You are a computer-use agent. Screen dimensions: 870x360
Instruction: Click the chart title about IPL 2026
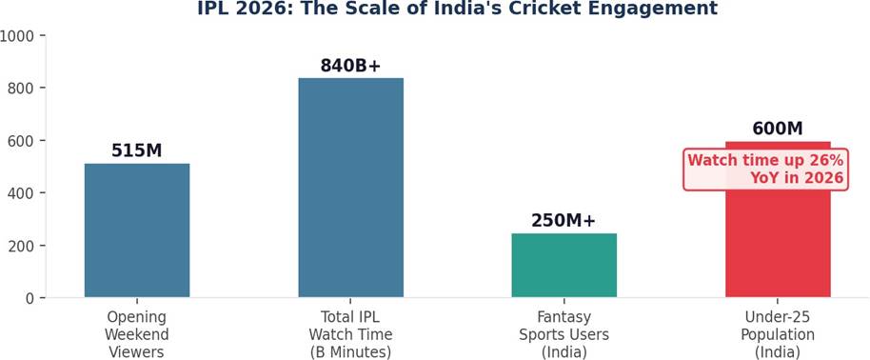point(457,9)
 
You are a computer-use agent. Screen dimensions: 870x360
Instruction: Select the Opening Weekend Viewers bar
point(137,230)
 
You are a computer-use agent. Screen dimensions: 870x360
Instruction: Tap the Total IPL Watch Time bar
point(350,188)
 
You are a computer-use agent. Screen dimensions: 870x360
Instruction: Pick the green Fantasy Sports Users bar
point(564,266)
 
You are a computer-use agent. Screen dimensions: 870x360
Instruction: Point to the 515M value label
point(136,150)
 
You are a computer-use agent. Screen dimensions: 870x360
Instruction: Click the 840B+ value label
point(350,66)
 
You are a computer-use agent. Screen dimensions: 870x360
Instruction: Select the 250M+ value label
point(564,221)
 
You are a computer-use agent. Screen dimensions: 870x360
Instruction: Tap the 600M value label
point(778,129)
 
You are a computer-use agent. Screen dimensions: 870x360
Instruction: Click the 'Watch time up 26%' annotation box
point(765,170)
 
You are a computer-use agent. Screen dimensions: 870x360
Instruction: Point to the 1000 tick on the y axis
point(16,35)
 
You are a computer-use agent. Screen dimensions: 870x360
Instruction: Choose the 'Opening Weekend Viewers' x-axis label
point(136,334)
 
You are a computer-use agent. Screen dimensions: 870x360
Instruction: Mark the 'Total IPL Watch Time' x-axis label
point(350,334)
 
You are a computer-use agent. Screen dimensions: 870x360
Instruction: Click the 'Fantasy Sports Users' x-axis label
point(564,334)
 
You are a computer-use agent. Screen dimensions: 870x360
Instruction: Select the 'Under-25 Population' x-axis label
point(778,334)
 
